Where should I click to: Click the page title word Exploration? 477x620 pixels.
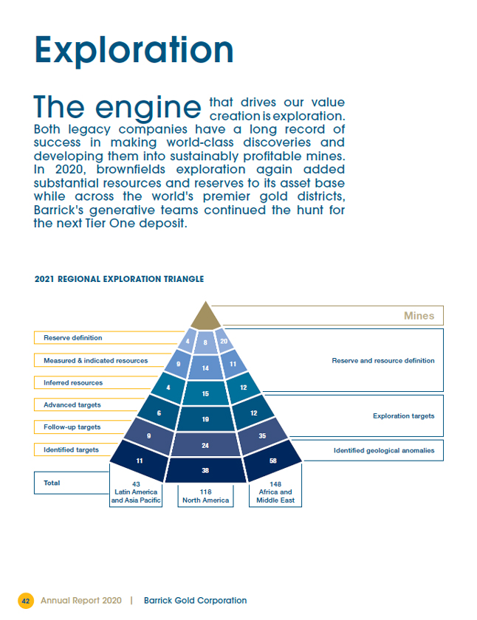(x=134, y=49)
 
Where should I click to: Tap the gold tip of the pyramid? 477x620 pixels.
(x=206, y=317)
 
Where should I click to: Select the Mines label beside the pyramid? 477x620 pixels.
(x=419, y=316)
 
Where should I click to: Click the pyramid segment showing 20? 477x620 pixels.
(x=223, y=341)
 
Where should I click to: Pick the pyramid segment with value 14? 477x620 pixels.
(x=205, y=368)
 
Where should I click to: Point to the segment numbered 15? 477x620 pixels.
(x=205, y=393)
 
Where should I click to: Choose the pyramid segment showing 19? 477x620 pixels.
(x=205, y=418)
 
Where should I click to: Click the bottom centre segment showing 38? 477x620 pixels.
(x=205, y=469)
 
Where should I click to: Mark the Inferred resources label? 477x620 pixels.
(x=73, y=382)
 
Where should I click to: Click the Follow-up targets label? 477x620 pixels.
(x=72, y=427)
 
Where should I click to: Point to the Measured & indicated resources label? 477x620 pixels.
(x=95, y=360)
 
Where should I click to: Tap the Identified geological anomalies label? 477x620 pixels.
(x=384, y=450)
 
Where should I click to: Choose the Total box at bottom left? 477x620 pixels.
(x=52, y=483)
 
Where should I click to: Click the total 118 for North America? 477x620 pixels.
(x=205, y=491)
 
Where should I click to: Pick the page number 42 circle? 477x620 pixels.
(x=26, y=601)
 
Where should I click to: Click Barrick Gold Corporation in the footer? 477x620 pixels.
(x=196, y=601)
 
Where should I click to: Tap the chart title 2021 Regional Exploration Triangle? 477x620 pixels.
(x=120, y=279)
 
